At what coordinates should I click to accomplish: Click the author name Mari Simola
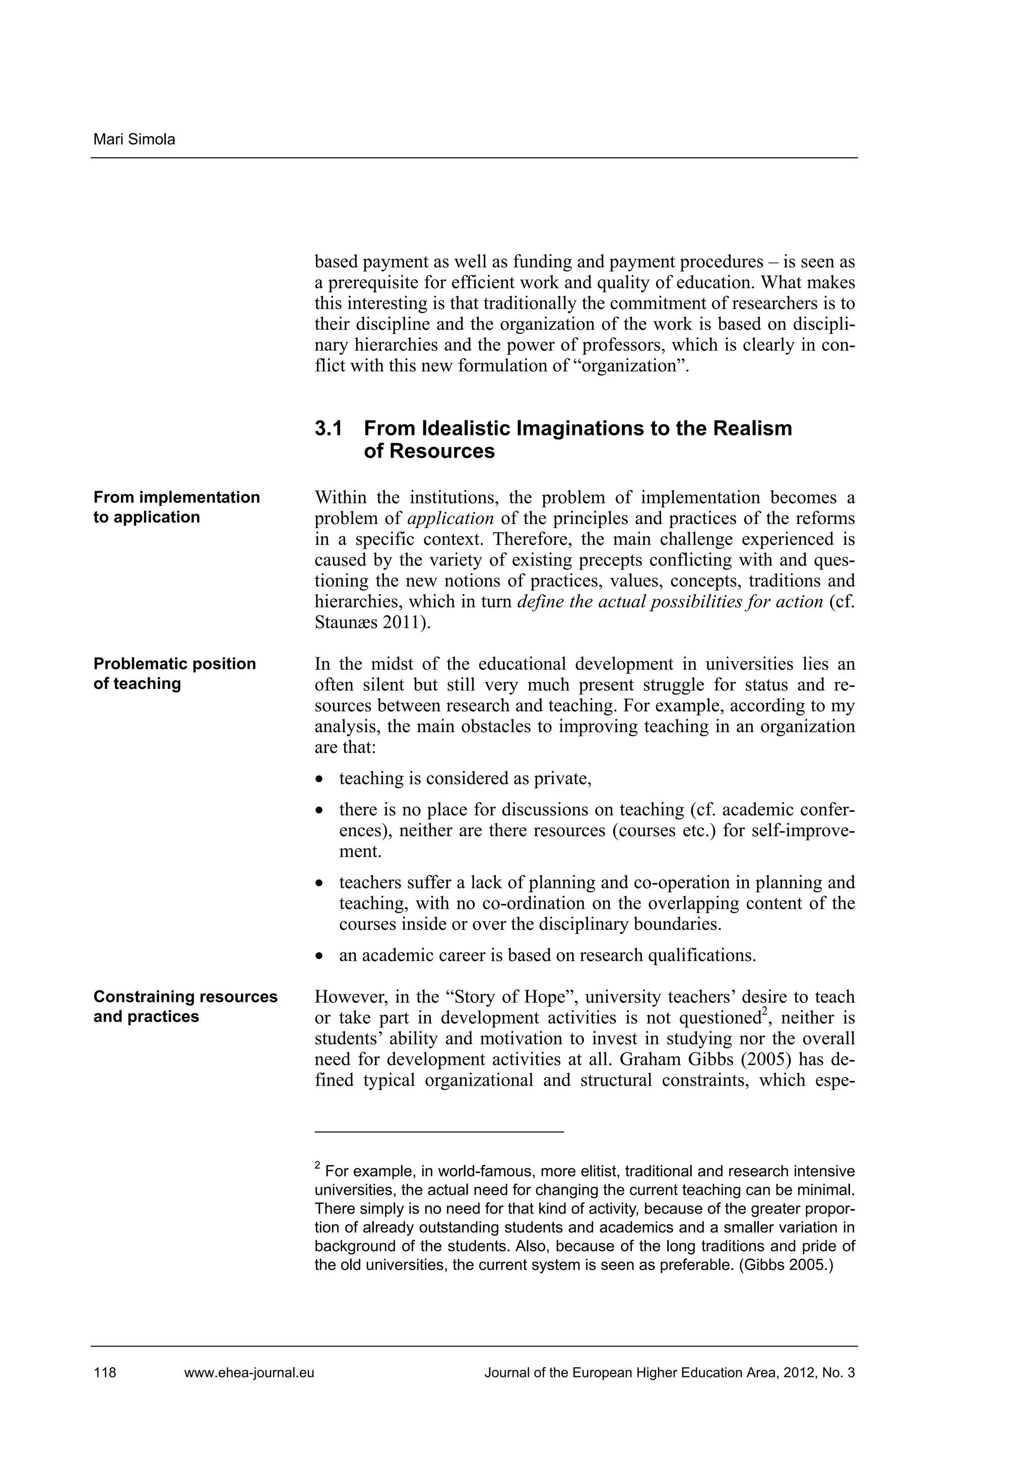point(134,139)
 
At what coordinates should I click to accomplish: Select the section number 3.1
point(328,428)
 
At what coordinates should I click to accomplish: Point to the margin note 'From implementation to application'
point(176,507)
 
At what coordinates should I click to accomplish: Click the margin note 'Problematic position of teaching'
point(174,673)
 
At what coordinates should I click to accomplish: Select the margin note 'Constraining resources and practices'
point(185,1006)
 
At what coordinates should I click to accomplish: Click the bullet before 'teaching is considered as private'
point(320,780)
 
